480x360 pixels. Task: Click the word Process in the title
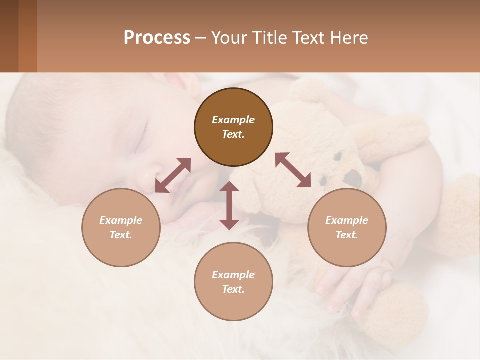157,38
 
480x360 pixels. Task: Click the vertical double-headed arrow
229,205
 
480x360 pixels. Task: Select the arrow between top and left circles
173,175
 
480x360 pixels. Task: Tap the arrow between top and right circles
293,170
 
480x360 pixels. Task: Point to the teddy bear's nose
355,177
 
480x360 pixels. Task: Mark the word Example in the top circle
233,120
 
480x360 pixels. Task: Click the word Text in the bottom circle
233,289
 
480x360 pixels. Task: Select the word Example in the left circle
121,220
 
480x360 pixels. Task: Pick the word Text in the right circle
347,235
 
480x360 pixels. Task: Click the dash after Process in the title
200,38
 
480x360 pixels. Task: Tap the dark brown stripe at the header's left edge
9,36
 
